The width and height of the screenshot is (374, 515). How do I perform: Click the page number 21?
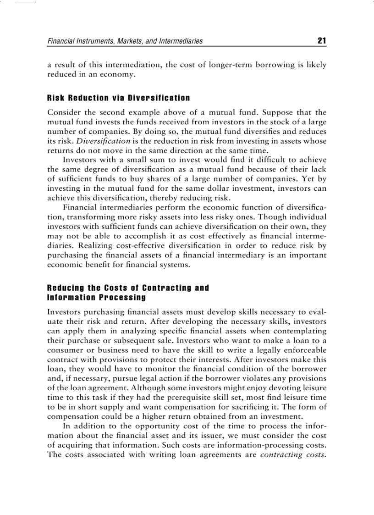[321, 41]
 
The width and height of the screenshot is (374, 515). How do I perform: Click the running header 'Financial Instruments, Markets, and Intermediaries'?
[125, 41]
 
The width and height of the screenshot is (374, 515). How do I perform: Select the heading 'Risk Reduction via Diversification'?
[119, 98]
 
